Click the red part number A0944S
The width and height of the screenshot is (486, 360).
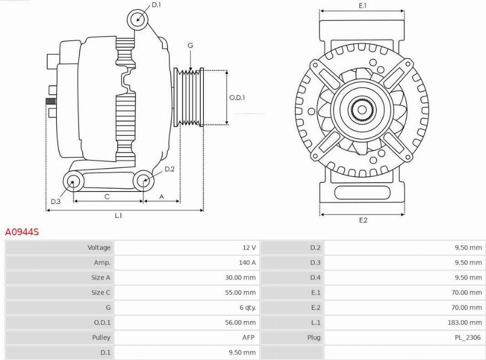click(x=22, y=232)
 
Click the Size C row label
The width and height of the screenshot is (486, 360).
click(x=100, y=292)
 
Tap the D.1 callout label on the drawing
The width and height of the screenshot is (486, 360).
click(x=156, y=5)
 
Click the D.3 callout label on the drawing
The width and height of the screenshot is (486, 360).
click(x=56, y=202)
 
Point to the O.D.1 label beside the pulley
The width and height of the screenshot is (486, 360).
click(x=237, y=98)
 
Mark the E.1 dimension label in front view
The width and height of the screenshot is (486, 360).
click(x=362, y=5)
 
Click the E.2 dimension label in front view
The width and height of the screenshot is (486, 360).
click(x=363, y=220)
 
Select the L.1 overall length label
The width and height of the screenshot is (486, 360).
click(x=118, y=215)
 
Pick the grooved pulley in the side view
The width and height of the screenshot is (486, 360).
click(x=188, y=97)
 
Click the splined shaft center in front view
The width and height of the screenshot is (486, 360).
click(x=361, y=110)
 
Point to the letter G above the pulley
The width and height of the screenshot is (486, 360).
click(x=190, y=46)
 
